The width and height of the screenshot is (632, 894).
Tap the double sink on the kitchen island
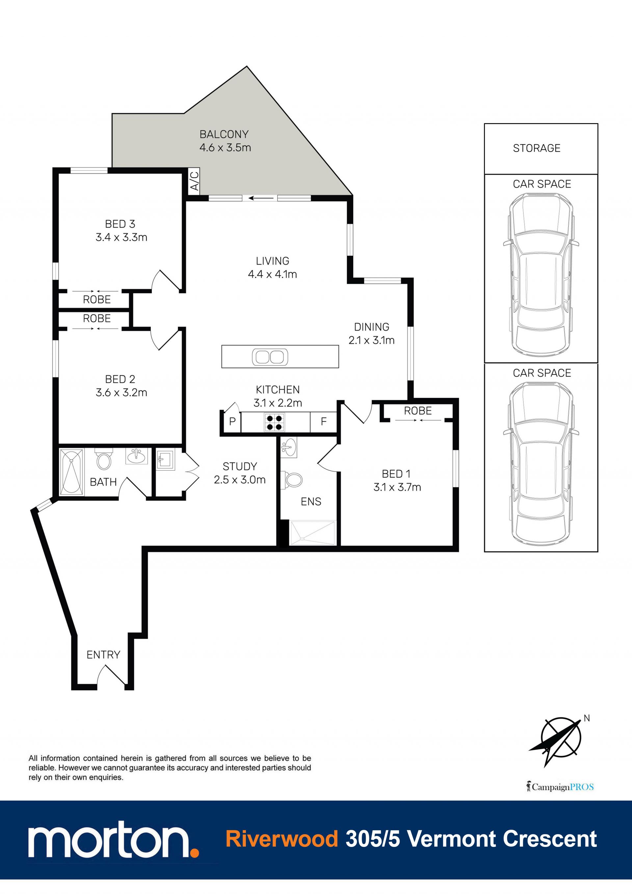[270, 357]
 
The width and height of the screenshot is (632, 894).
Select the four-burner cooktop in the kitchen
[274, 422]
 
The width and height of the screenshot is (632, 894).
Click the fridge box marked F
[323, 422]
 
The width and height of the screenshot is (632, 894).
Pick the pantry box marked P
[232, 422]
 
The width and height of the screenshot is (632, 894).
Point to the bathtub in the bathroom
[71, 472]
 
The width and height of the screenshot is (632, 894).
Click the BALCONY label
[224, 134]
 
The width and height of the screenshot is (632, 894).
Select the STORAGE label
[537, 148]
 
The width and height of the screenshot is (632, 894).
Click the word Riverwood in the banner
[282, 838]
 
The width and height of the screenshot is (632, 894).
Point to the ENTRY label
[103, 655]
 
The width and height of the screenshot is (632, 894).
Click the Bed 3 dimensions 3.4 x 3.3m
[121, 238]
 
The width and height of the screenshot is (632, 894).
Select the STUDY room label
[240, 467]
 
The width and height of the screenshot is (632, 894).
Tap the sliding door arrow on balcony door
[261, 198]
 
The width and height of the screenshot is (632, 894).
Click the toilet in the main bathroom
[104, 459]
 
